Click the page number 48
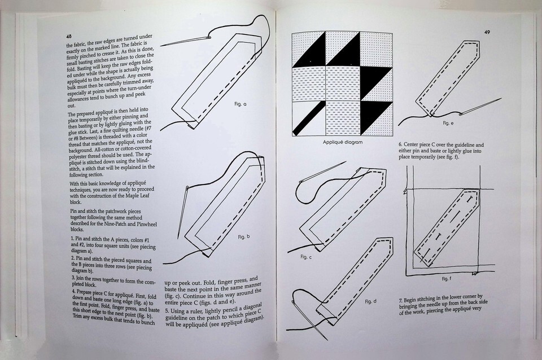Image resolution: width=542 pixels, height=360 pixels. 69,36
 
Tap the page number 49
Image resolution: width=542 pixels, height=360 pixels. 487,32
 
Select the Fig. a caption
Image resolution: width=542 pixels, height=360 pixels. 241,104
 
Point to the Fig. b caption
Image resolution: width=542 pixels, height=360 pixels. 244,237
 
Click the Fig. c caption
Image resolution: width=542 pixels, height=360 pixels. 306,257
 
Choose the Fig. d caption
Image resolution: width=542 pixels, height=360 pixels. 370,301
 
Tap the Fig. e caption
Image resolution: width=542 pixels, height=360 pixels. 448,122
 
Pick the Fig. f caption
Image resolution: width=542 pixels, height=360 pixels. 446,279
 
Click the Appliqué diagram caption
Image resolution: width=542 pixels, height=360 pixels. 343,142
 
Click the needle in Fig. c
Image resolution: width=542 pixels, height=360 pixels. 323,172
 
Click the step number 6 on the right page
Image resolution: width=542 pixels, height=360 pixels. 400,144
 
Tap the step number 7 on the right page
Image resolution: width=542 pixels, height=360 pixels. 401,300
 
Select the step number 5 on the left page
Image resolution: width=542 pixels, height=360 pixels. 167,311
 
